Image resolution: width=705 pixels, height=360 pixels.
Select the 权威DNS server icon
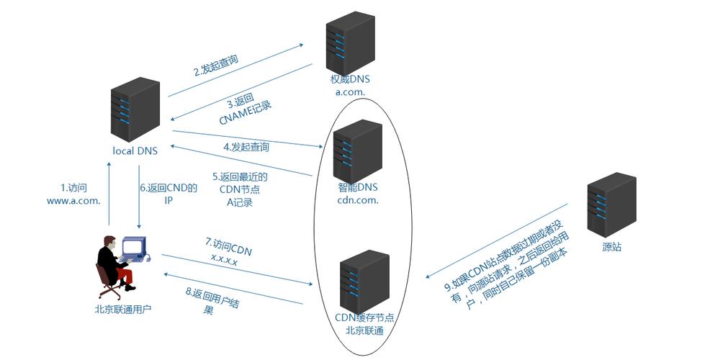coord(349,42)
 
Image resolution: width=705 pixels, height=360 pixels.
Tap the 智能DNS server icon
coord(357,151)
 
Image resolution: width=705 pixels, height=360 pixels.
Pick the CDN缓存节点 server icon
coord(364,281)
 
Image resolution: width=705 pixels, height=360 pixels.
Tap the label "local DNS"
coord(135,151)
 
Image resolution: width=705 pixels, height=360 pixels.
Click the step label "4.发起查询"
coord(246,148)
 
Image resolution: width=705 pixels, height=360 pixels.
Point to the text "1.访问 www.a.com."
coord(73,194)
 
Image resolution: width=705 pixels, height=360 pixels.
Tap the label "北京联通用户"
coord(123,310)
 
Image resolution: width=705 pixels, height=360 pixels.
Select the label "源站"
coord(612,247)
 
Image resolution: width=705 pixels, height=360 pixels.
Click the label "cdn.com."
coord(358,200)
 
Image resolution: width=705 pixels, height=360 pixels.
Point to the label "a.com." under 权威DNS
coord(350,92)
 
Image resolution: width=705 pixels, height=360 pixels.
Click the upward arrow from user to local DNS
coord(109,194)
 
